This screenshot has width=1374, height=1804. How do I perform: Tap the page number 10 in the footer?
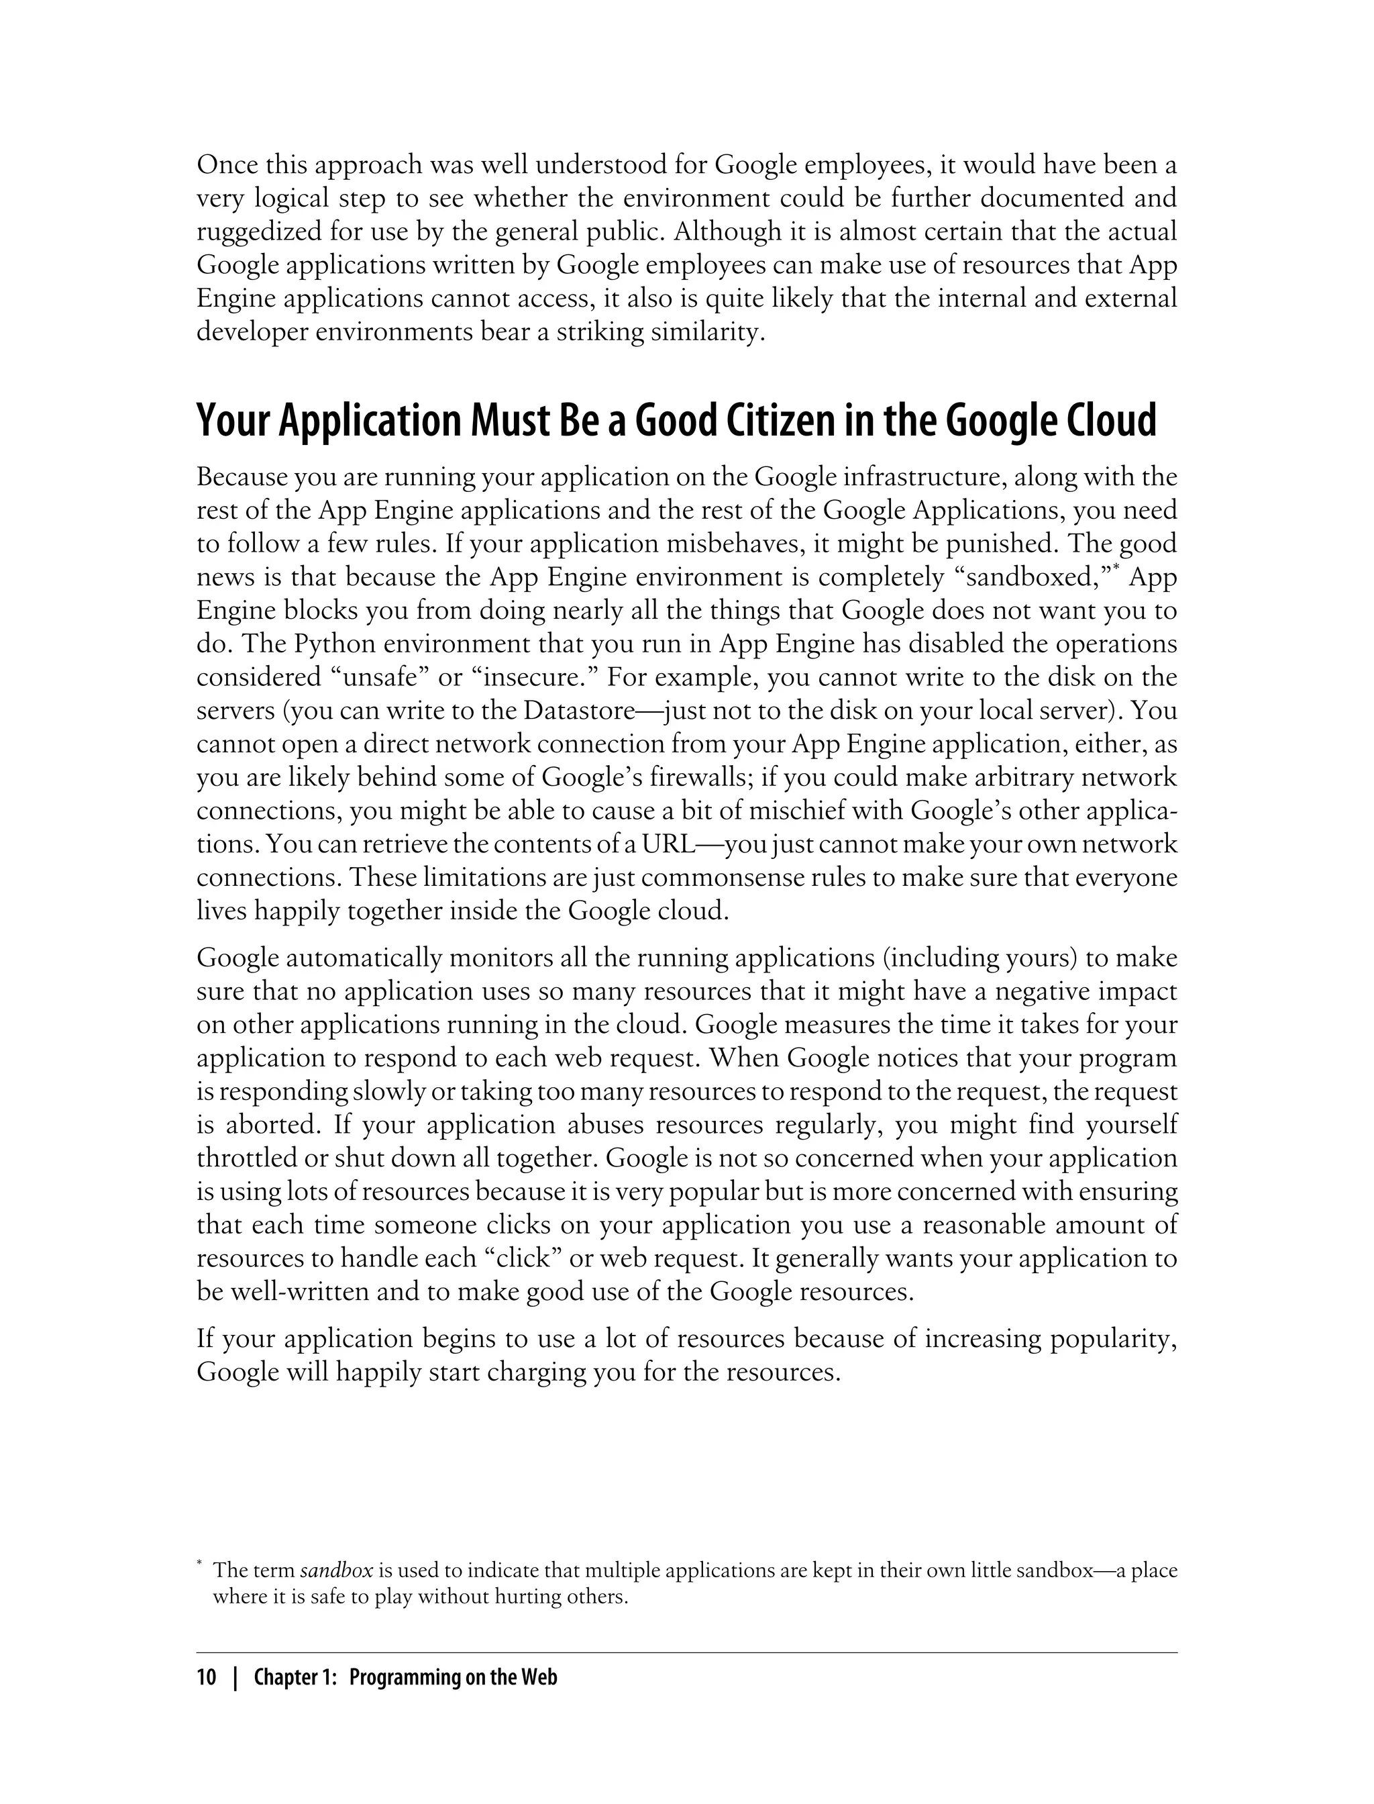(206, 1678)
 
